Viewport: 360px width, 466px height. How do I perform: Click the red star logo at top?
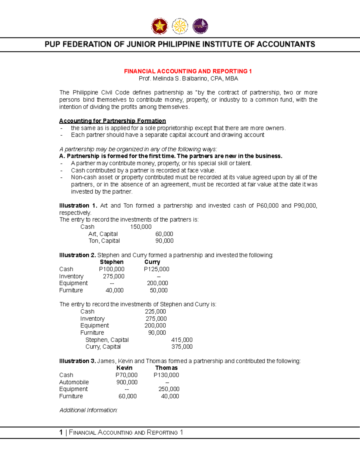[159, 26]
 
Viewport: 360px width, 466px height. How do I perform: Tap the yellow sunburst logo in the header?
[180, 26]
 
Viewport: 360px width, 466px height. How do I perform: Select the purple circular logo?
[200, 26]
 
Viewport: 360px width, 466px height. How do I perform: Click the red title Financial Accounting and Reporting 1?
[188, 71]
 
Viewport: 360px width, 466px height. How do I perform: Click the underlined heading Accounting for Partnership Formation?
[112, 121]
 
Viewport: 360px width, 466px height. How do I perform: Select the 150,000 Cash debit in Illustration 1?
[141, 227]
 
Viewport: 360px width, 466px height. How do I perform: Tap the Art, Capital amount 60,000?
[164, 234]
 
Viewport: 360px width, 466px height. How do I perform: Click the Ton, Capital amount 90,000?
[164, 241]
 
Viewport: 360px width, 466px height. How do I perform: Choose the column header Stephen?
[112, 262]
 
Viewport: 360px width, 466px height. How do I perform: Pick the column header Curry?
[152, 262]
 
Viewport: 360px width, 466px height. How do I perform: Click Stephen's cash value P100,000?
[112, 269]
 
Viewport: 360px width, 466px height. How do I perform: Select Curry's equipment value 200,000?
[157, 283]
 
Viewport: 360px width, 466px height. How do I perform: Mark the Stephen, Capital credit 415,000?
[182, 340]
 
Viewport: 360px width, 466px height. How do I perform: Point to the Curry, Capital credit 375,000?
[182, 347]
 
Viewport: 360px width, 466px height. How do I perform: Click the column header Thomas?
[166, 368]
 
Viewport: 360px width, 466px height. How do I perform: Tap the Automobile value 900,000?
[127, 382]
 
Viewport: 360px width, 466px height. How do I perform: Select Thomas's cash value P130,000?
[166, 375]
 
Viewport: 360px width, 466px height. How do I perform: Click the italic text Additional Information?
[88, 410]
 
